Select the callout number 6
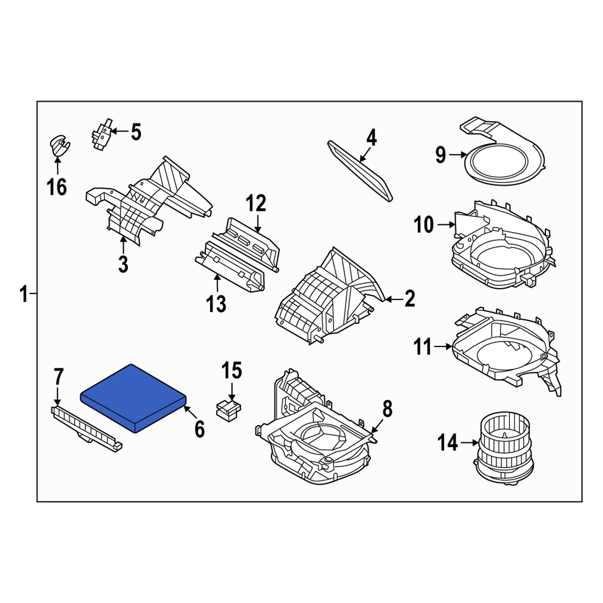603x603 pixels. point(200,429)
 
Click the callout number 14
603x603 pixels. point(447,443)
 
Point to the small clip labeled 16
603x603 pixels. point(59,146)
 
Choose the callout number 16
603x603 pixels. point(57,187)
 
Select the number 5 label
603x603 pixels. point(136,132)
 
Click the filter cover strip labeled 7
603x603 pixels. point(86,428)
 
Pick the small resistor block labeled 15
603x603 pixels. point(228,410)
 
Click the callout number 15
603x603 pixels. point(232,371)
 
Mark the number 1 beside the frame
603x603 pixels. point(24,294)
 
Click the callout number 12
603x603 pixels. point(256,203)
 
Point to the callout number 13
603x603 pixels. point(216,304)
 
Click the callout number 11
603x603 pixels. point(423,347)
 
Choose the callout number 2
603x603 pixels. point(410,299)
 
